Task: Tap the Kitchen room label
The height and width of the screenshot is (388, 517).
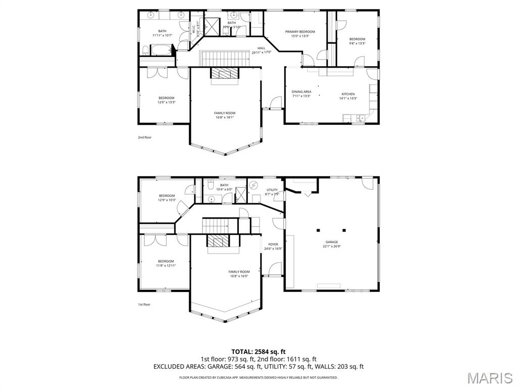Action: coord(348,94)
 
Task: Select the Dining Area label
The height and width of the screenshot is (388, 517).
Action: coord(301,91)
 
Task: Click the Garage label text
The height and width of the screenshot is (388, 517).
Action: coord(332,242)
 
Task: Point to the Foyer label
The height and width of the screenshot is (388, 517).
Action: coord(273,245)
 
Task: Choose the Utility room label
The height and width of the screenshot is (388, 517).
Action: coord(272,190)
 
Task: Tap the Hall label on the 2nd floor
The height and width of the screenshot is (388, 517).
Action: coord(261,48)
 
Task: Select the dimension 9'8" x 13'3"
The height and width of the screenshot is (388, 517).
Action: coord(357,43)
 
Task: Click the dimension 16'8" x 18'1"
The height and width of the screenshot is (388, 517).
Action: coord(225,117)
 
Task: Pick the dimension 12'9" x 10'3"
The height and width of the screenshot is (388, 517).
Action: coord(167,200)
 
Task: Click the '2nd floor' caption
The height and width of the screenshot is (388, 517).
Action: coord(144,137)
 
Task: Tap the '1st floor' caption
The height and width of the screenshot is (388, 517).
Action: coord(144,304)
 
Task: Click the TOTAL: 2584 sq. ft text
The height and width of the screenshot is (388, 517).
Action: coord(258,351)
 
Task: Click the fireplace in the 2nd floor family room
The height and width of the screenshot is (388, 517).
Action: coord(223,73)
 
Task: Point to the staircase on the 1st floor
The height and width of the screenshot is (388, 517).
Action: coord(220,225)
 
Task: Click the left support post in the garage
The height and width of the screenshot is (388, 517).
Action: coord(318,230)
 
